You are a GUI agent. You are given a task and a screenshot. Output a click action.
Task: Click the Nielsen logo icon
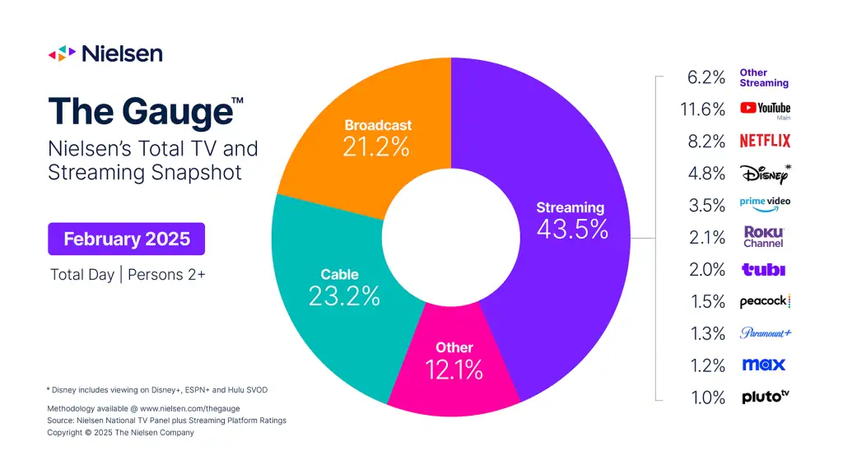coord(63,54)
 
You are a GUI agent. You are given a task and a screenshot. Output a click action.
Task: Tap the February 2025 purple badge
coord(127,239)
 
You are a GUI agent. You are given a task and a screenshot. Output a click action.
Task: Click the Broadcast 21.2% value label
coord(376,148)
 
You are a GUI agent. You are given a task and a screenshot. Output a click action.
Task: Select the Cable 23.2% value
coord(344,295)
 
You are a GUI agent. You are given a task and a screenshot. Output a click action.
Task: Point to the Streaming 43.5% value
coord(572,228)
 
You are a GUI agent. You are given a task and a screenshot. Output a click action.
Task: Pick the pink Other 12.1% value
coord(454,369)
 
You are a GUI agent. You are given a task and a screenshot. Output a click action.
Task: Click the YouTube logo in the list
coord(765,108)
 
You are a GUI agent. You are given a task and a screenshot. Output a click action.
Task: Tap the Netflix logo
coord(765,141)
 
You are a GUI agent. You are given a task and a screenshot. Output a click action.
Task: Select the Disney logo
coord(765,173)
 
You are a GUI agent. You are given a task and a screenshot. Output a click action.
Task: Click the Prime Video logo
coord(765,204)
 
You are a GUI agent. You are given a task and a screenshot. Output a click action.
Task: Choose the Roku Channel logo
coord(764,237)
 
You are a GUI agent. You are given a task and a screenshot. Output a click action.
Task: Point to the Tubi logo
coord(764,269)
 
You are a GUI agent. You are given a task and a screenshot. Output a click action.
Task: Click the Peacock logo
coord(765,301)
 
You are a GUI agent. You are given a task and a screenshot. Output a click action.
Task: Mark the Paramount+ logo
coord(765,333)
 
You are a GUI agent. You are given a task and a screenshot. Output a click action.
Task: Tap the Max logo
coord(764,365)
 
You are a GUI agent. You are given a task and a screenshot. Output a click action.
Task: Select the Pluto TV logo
coord(765,397)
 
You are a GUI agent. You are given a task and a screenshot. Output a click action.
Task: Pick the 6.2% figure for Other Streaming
coord(706,77)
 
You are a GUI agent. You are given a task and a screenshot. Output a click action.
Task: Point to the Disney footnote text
coord(157,389)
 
